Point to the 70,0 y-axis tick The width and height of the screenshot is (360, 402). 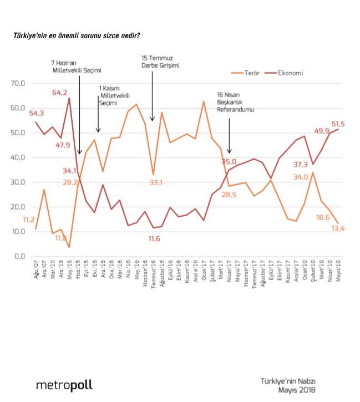(x=18, y=83)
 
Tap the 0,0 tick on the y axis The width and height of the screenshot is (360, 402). (x=20, y=256)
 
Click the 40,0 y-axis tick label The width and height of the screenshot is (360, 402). (x=18, y=157)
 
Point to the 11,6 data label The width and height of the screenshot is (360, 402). (x=158, y=238)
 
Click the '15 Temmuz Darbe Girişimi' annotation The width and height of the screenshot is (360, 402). (x=161, y=61)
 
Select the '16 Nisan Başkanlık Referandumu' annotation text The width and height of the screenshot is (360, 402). (x=235, y=101)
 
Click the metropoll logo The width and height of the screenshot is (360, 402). (x=64, y=384)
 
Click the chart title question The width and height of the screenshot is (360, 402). (x=76, y=35)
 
